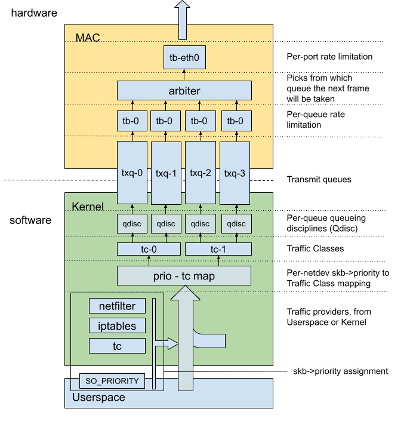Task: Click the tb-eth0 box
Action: point(184,58)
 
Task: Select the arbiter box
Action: point(184,91)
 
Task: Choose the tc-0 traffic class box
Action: point(149,249)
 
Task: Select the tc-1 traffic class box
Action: point(218,249)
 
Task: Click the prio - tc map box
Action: point(184,276)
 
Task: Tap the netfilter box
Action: point(117,306)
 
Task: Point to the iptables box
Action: point(117,326)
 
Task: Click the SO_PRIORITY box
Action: point(112,380)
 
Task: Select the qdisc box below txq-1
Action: point(166,223)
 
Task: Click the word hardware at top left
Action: point(34,12)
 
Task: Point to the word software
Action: point(30,220)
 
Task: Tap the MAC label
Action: point(88,38)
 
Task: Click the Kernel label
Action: point(88,207)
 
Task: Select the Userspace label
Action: point(98,397)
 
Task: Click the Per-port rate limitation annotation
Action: point(329,57)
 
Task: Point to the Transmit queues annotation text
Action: point(319,179)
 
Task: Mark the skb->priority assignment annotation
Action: point(341,371)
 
